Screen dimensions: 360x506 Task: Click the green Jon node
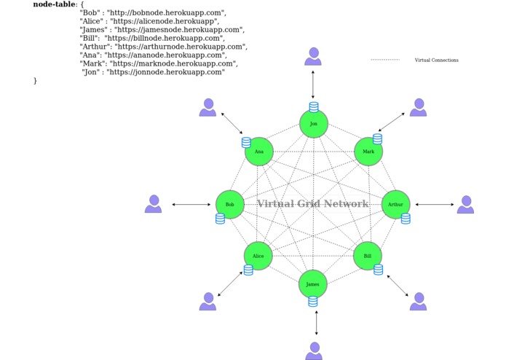pyautogui.click(x=314, y=124)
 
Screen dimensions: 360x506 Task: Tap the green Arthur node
pyautogui.click(x=396, y=205)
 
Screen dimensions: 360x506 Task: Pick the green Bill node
pyautogui.click(x=368, y=256)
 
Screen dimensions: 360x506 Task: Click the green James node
pyautogui.click(x=313, y=284)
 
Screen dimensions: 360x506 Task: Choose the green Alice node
pyautogui.click(x=258, y=256)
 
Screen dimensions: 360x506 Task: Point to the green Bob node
pyautogui.click(x=230, y=205)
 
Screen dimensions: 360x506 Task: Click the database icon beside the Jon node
pyautogui.click(x=314, y=107)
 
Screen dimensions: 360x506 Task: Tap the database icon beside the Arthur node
pyautogui.click(x=406, y=219)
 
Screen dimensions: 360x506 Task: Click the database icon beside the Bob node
pyautogui.click(x=220, y=219)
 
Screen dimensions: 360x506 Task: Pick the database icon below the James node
pyautogui.click(x=313, y=301)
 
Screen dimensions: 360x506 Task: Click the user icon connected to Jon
pyautogui.click(x=313, y=57)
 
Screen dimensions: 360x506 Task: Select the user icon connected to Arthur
pyautogui.click(x=465, y=205)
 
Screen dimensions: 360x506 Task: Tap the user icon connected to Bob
pyautogui.click(x=153, y=204)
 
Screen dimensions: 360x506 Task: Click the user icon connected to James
pyautogui.click(x=314, y=351)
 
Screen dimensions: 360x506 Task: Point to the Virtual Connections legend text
pyautogui.click(x=436, y=60)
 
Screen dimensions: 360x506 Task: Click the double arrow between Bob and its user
pyautogui.click(x=191, y=205)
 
